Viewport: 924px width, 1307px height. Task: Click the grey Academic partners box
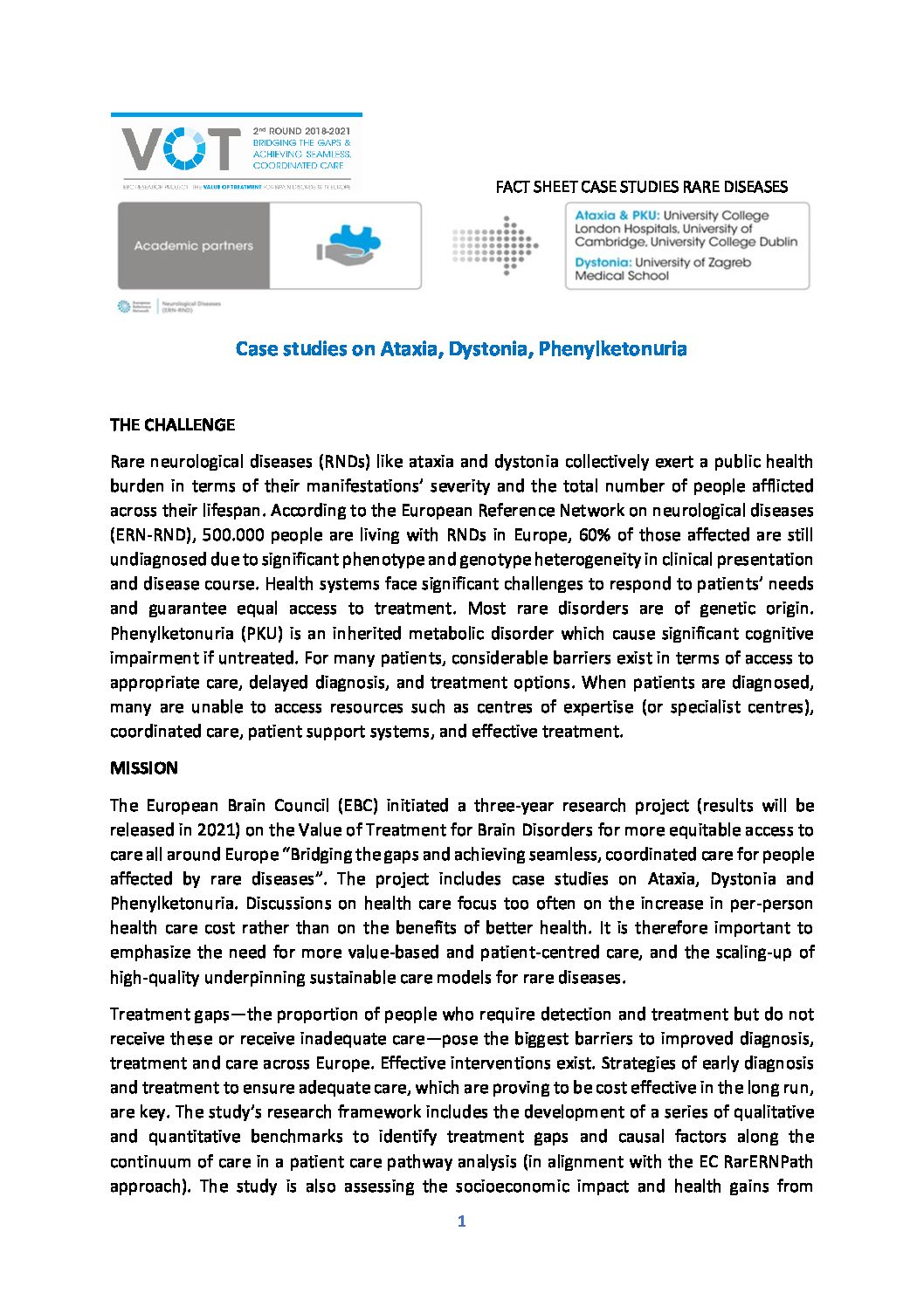[194, 246]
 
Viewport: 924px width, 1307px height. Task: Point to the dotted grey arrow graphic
[495, 246]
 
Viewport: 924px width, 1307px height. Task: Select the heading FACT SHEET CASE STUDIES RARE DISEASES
[641, 187]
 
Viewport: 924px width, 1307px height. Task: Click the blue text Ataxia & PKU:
[617, 216]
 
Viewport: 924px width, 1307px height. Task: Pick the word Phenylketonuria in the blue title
[612, 349]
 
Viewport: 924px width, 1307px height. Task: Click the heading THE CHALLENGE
[172, 425]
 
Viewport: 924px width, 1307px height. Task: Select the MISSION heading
[144, 768]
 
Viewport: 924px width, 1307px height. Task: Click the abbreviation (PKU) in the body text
[258, 633]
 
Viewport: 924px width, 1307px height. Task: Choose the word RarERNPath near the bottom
[772, 1161]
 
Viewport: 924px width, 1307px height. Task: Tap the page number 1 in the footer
[461, 1221]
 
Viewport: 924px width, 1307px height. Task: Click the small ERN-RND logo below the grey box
[168, 306]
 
